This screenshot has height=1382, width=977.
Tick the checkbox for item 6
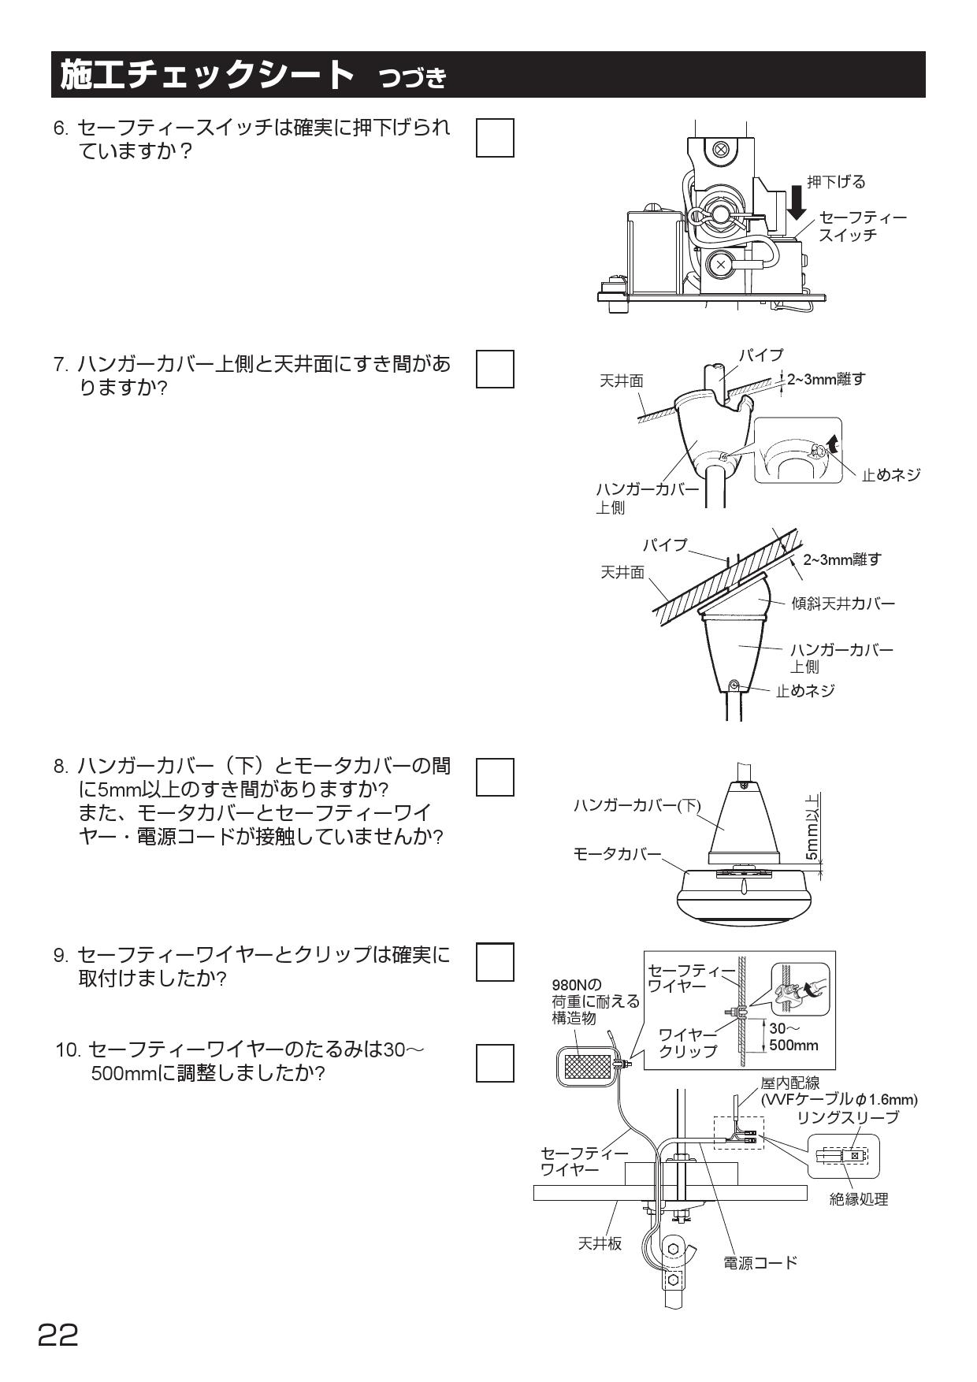495,138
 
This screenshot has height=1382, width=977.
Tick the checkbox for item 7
495,369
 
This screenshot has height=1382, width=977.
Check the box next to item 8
495,777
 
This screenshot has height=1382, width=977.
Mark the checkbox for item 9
495,961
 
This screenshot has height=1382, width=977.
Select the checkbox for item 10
495,1062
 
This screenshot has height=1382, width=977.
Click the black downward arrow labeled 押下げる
797,200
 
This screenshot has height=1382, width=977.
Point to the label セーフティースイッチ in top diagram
862,226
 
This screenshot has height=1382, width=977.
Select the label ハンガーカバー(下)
637,805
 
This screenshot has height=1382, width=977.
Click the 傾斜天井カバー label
843,604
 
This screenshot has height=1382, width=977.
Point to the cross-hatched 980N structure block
589,1066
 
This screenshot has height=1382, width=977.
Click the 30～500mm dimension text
793,1037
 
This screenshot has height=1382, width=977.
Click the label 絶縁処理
859,1198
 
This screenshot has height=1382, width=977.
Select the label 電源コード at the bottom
760,1263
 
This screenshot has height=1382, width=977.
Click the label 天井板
600,1243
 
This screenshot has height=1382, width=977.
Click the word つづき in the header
412,78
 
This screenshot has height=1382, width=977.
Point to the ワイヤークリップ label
688,1042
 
